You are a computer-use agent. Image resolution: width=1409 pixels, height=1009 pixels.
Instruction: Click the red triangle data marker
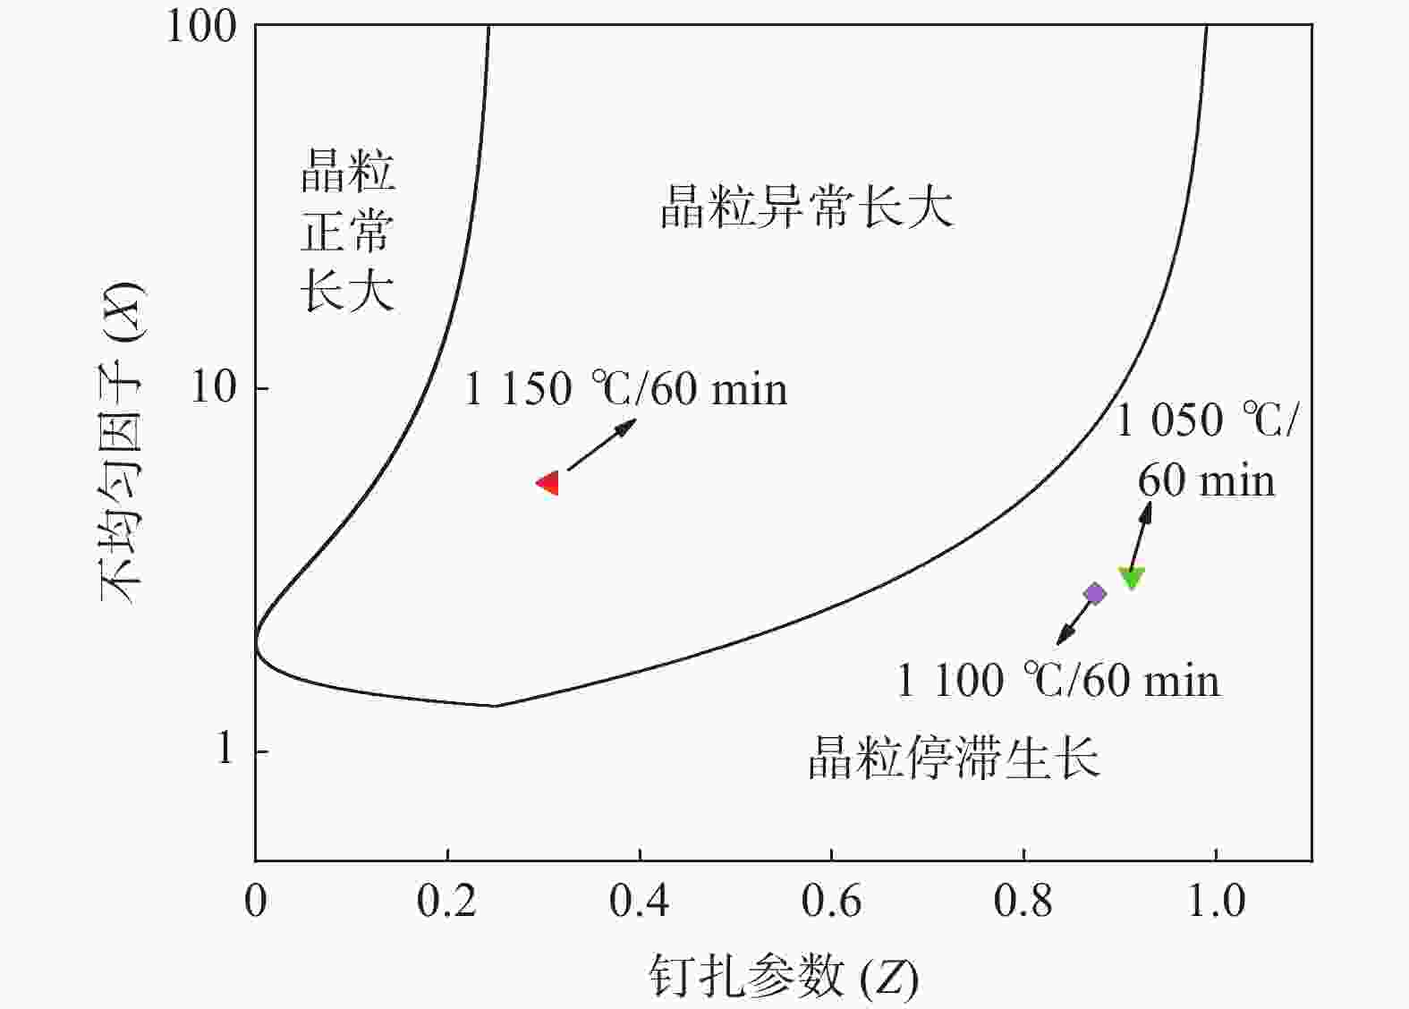[x=548, y=483]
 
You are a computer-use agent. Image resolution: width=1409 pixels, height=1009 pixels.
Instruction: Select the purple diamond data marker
[x=1094, y=593]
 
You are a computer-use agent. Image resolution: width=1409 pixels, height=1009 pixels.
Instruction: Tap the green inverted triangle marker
[x=1132, y=578]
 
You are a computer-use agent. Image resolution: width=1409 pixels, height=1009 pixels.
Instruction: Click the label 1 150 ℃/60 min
[x=625, y=389]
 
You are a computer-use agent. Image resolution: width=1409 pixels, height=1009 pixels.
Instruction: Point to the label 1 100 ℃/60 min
[x=1057, y=680]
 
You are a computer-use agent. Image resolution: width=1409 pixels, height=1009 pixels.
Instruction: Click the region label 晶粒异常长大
[x=806, y=207]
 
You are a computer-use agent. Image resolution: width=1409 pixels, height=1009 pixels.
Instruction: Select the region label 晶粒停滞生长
[x=954, y=758]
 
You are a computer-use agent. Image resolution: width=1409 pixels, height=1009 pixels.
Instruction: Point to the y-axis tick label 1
[x=225, y=748]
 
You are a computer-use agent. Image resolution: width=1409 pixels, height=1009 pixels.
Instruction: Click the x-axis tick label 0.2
[x=446, y=901]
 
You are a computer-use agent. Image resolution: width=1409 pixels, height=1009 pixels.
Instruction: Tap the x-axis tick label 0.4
[x=639, y=901]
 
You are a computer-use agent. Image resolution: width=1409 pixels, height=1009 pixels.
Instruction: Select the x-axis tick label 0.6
[x=831, y=901]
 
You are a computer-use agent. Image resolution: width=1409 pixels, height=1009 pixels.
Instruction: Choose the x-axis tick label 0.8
[x=1023, y=901]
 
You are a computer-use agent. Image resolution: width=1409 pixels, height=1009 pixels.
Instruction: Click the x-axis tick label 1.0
[x=1216, y=901]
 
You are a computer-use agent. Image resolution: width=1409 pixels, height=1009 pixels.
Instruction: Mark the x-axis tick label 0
[x=256, y=901]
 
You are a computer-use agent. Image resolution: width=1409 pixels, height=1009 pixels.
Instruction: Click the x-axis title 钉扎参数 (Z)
[x=783, y=977]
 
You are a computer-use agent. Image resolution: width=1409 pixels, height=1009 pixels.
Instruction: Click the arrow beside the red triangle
[x=601, y=445]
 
